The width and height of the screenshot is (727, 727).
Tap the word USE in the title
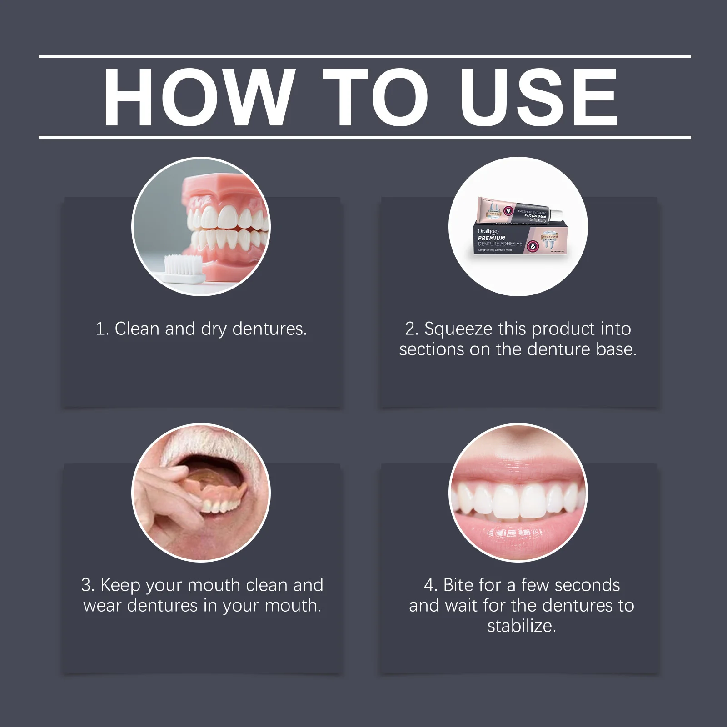pos(538,98)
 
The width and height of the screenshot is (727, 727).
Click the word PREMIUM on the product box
pos(491,238)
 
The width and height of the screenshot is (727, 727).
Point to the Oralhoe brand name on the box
pos(488,231)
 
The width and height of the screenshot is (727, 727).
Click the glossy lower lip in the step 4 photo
pos(518,536)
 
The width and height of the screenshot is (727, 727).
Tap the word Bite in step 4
pos(460,585)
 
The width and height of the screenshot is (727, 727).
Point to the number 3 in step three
pos(86,585)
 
